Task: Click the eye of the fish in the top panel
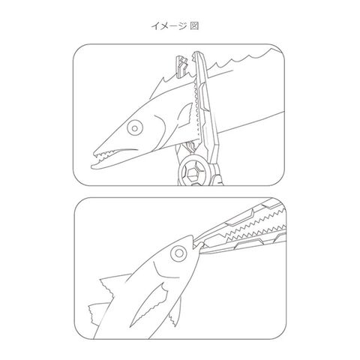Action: pyautogui.click(x=135, y=128)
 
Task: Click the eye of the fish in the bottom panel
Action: pyautogui.click(x=178, y=253)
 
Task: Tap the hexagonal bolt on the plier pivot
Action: pyautogui.click(x=192, y=172)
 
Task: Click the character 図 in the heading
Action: pyautogui.click(x=194, y=25)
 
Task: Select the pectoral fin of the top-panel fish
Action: pyautogui.click(x=184, y=116)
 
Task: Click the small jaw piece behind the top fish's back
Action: pyautogui.click(x=182, y=65)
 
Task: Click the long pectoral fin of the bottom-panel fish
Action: pyautogui.click(x=148, y=306)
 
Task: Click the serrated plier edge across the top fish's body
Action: pyautogui.click(x=196, y=110)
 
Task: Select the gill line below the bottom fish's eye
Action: pyautogui.click(x=165, y=271)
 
